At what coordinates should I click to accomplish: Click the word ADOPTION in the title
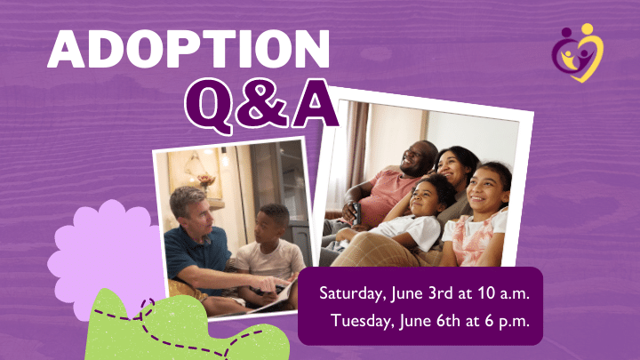pyautogui.click(x=188, y=49)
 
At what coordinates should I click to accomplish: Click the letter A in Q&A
pyautogui.click(x=315, y=104)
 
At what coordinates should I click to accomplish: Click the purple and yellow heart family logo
pyautogui.click(x=578, y=52)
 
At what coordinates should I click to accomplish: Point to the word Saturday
pyautogui.click(x=353, y=294)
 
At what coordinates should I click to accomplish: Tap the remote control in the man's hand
pyautogui.click(x=356, y=212)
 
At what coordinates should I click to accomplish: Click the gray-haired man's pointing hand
pyautogui.click(x=269, y=283)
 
